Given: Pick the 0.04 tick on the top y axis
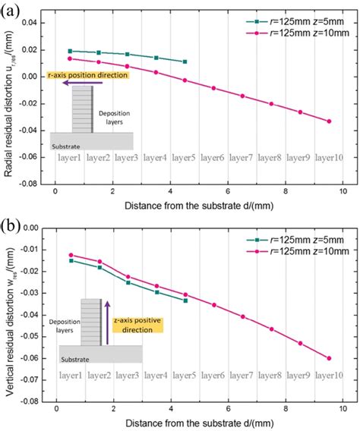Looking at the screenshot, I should tap(33, 23).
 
